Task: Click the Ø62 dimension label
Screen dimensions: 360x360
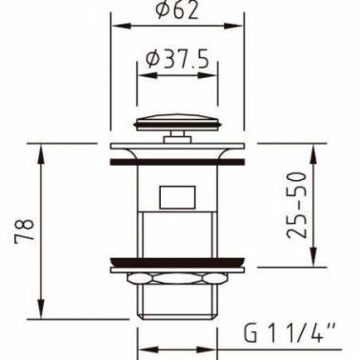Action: tap(177, 10)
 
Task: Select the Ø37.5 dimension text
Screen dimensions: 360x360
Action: tap(177, 59)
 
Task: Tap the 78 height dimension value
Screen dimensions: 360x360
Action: tap(25, 230)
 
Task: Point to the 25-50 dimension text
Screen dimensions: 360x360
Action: tap(297, 205)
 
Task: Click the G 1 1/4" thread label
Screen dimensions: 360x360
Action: tap(290, 332)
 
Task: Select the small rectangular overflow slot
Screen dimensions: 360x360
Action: tap(177, 197)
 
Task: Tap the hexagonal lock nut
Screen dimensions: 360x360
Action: tap(177, 278)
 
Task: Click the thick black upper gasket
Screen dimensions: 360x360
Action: tap(177, 162)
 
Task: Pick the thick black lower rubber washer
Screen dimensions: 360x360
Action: tap(177, 262)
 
